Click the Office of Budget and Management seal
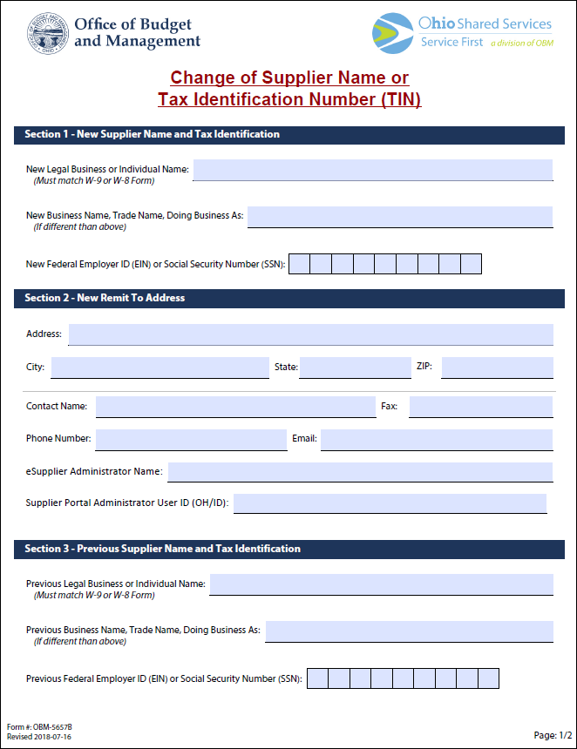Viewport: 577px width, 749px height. [x=47, y=34]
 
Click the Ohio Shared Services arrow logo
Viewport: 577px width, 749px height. [x=392, y=33]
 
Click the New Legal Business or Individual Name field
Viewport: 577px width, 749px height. [x=372, y=170]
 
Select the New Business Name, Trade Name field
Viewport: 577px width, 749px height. [x=400, y=217]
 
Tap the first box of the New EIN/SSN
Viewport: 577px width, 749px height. [x=299, y=264]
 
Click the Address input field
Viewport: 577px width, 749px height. [x=310, y=334]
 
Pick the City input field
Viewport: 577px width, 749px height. [x=160, y=368]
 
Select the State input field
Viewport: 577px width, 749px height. [x=355, y=368]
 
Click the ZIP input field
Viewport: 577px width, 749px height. [x=497, y=368]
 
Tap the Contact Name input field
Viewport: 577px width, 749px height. [x=235, y=407]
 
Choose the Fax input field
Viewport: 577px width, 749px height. [x=480, y=407]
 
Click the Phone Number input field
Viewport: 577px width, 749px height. [x=191, y=439]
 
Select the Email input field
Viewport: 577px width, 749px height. [x=437, y=439]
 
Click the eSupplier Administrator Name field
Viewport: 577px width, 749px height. [x=360, y=472]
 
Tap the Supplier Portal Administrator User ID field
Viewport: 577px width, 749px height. [x=390, y=503]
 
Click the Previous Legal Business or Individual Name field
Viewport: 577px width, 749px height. [x=381, y=584]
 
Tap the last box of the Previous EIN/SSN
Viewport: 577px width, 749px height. [x=488, y=678]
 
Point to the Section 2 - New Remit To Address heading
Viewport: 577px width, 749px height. [x=105, y=298]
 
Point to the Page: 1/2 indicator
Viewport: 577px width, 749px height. [x=553, y=735]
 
